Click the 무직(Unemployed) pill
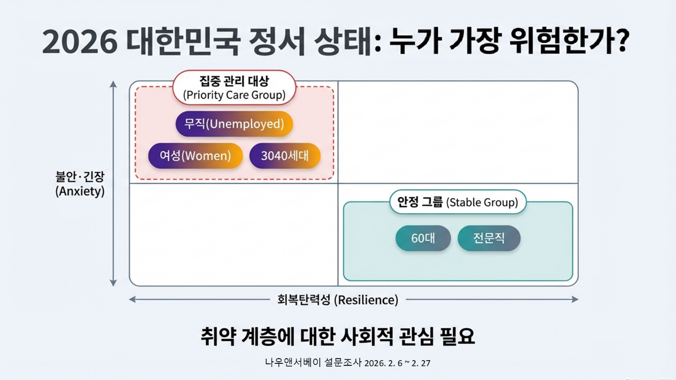pyautogui.click(x=234, y=124)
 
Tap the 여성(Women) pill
pyautogui.click(x=195, y=156)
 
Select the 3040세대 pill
pyautogui.click(x=284, y=156)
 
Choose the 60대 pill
pyautogui.click(x=423, y=239)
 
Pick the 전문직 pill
pyautogui.click(x=489, y=239)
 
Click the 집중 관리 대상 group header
pyautogui.click(x=234, y=88)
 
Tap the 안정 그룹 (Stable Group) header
pyautogui.click(x=458, y=202)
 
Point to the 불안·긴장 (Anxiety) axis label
pyautogui.click(x=80, y=184)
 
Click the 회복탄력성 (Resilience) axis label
pyautogui.click(x=337, y=300)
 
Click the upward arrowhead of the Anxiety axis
pyautogui.click(x=113, y=84)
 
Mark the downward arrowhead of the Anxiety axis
pyautogui.click(x=113, y=283)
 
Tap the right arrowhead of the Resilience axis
pyautogui.click(x=575, y=300)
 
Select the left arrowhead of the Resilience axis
pyautogui.click(x=133, y=300)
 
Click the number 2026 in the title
pyautogui.click(x=79, y=42)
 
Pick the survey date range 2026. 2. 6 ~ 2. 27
pyautogui.click(x=397, y=363)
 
